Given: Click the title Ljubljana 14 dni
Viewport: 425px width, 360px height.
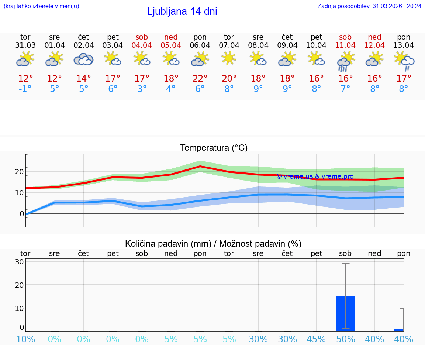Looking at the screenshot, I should click(182, 11).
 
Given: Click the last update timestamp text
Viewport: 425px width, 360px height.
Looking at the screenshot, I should click(369, 6).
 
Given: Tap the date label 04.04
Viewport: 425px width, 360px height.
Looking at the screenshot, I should click(142, 45).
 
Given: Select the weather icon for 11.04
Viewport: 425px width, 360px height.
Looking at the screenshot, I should click(346, 61).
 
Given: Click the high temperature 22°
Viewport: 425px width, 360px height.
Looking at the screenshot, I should click(200, 79).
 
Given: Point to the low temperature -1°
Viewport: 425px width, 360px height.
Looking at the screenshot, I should click(25, 89).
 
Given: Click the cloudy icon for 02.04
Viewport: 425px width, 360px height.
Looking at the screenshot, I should click(83, 59).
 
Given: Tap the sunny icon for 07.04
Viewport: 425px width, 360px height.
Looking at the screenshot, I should click(229, 58).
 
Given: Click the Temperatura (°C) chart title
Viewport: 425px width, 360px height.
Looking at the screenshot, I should click(214, 148).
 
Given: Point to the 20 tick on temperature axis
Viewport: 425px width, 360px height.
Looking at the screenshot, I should click(19, 172).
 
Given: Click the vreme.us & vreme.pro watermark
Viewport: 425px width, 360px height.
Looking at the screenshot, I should click(315, 176).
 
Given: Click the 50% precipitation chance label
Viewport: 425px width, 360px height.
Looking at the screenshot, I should click(346, 339).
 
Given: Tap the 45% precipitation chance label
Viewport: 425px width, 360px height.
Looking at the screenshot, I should click(317, 339).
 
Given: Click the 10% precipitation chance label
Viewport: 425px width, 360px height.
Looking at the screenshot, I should click(25, 339).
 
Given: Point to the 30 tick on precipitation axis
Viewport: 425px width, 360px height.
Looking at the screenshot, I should click(20, 262).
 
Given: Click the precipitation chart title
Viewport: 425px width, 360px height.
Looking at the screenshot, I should click(213, 244).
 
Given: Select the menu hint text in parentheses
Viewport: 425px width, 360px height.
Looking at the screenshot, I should click(41, 6).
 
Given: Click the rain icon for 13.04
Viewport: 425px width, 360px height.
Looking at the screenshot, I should click(404, 61).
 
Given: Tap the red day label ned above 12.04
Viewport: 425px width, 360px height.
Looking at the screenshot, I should click(374, 37).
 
